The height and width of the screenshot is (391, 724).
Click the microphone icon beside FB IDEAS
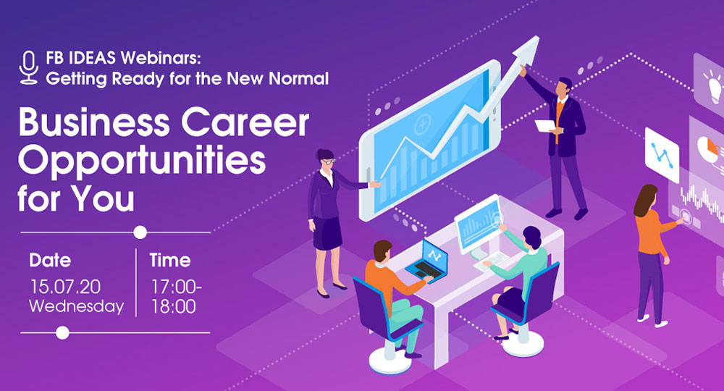click(x=29, y=67)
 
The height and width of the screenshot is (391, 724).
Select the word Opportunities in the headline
click(x=142, y=161)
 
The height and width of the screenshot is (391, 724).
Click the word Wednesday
click(x=76, y=306)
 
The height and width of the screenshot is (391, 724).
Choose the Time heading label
click(x=170, y=259)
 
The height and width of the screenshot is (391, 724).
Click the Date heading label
click(x=51, y=259)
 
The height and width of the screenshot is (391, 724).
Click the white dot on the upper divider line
click(x=140, y=232)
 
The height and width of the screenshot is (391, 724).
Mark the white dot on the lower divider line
click(x=63, y=332)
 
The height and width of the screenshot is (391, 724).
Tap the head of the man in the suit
click(x=565, y=87)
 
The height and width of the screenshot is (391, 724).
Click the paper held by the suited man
click(x=544, y=125)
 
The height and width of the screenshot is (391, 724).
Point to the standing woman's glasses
click(x=328, y=161)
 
